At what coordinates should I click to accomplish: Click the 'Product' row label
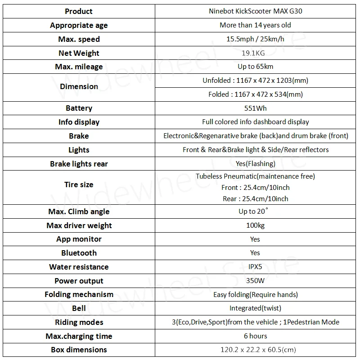coord(79,11)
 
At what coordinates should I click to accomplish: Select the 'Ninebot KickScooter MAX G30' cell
coord(255,11)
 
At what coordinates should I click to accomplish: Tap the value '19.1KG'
coord(255,53)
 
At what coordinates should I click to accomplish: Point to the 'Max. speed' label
coord(79,39)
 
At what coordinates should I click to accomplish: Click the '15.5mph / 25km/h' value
coord(255,39)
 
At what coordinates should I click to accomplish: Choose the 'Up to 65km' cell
coord(255,67)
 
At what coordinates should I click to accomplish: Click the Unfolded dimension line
coord(255,81)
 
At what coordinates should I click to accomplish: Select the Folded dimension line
coord(255,94)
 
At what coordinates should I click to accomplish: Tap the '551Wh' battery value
coord(255,108)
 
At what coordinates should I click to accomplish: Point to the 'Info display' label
coord(79,122)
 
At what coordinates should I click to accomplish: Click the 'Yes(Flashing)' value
coord(255,164)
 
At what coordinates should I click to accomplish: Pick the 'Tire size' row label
coord(79,184)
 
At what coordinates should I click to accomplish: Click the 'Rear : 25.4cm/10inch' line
coord(255,198)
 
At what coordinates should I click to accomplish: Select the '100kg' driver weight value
coord(255,225)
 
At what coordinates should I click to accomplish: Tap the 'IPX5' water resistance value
coord(255,266)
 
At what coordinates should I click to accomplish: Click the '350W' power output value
coord(255,280)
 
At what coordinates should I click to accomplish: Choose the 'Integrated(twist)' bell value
coord(255,308)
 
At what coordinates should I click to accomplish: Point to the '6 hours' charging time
coord(255,336)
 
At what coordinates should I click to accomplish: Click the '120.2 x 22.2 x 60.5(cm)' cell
coord(255,350)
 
